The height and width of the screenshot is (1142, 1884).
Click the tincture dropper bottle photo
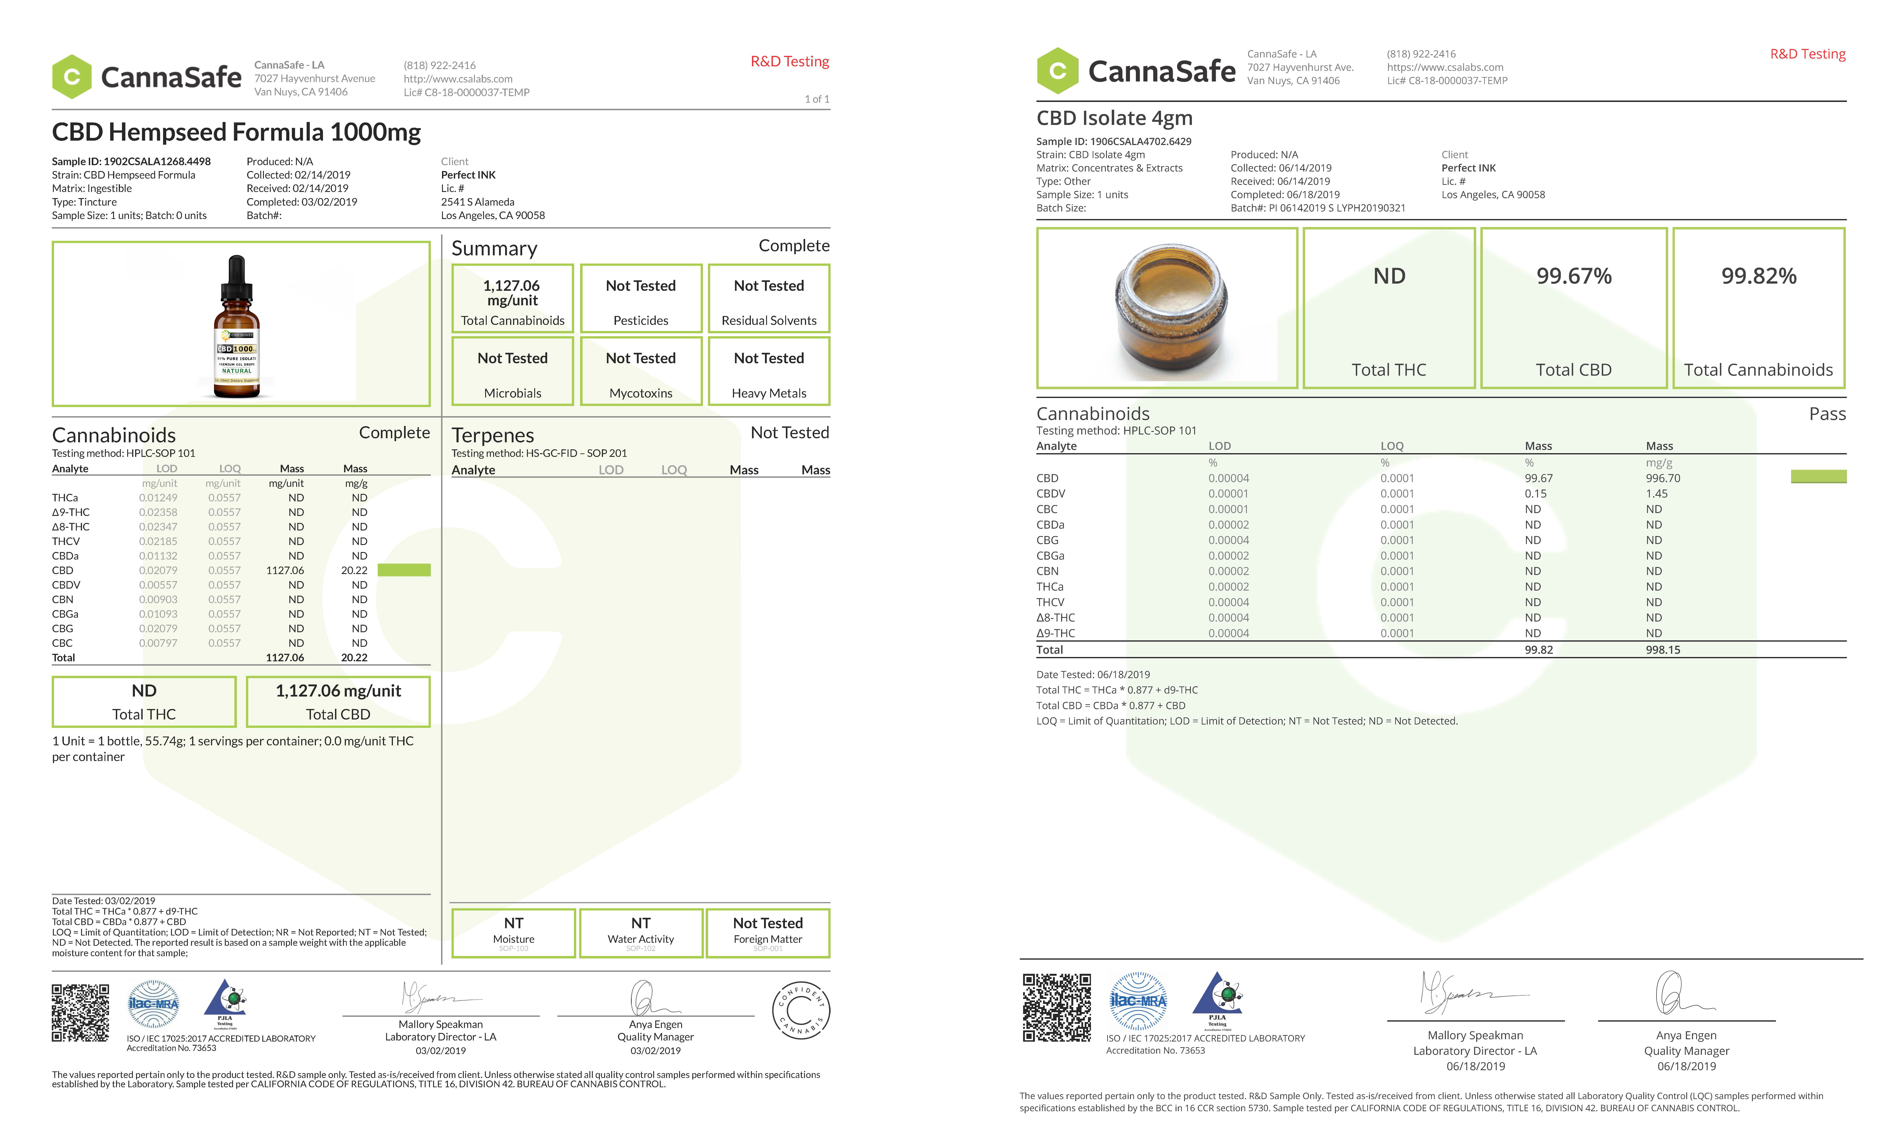pyautogui.click(x=237, y=327)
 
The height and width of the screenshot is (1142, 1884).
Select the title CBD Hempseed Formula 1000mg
pyautogui.click(x=236, y=132)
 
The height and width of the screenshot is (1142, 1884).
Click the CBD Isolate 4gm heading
pyautogui.click(x=1114, y=118)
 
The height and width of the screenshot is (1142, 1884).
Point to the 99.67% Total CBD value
pyautogui.click(x=1574, y=276)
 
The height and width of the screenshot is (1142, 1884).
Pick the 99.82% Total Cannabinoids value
pyautogui.click(x=1759, y=276)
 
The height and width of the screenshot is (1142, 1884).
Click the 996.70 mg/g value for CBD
pyautogui.click(x=1663, y=478)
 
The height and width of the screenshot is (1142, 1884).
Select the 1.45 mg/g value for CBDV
pyautogui.click(x=1657, y=493)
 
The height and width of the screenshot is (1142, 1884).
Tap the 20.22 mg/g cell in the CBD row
pyautogui.click(x=354, y=571)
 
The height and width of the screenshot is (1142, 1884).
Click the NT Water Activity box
pyautogui.click(x=641, y=932)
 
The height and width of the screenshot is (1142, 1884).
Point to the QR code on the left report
pyautogui.click(x=80, y=1013)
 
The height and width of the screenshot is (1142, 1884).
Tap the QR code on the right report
pyautogui.click(x=1057, y=1007)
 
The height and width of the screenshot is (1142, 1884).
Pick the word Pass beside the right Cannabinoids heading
pyautogui.click(x=1827, y=414)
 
